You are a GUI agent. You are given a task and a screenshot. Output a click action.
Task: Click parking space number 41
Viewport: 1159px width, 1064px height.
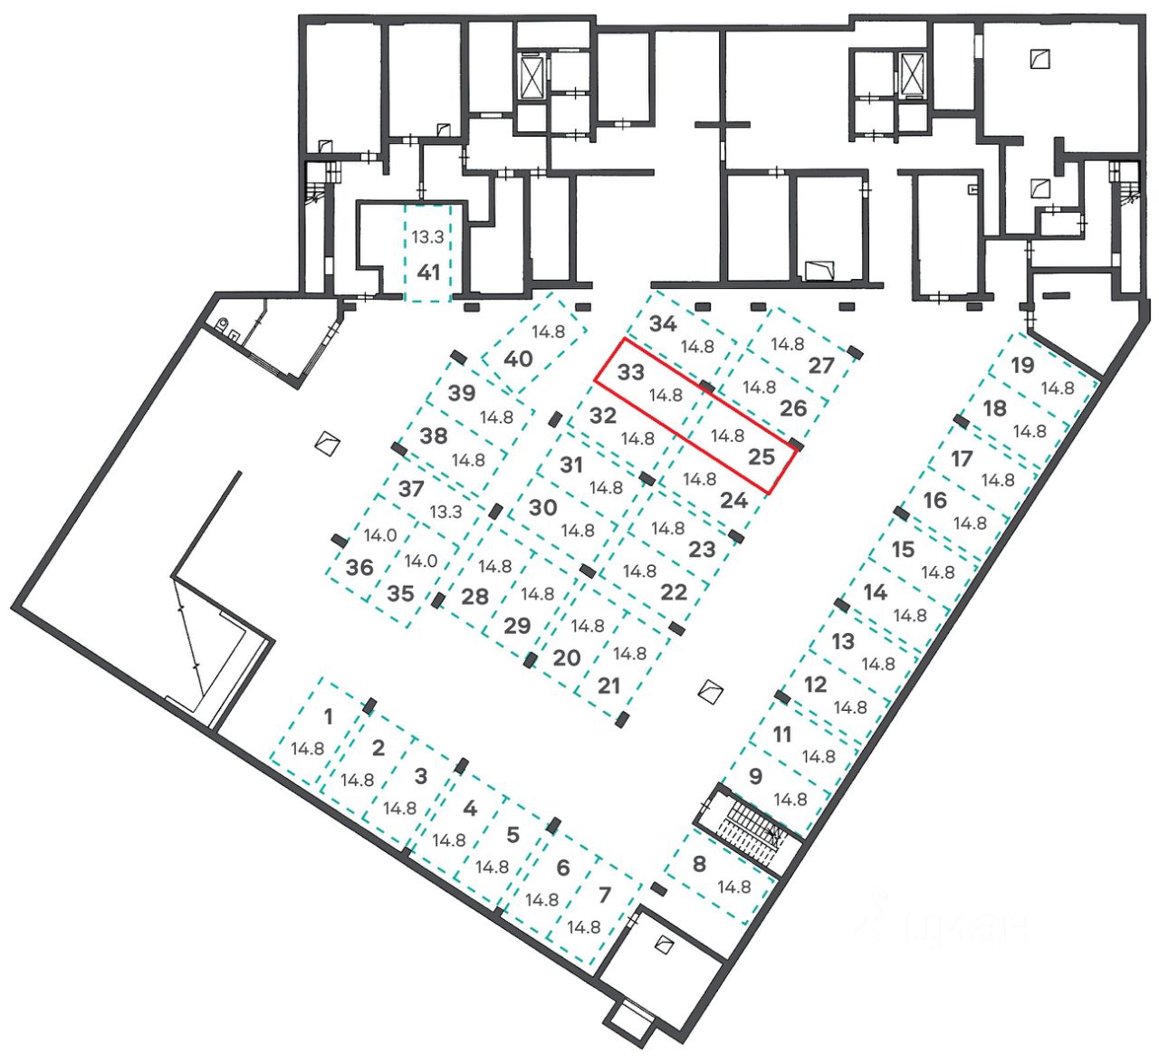[427, 272]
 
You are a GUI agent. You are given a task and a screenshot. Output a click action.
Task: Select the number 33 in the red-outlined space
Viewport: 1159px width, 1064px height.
[630, 372]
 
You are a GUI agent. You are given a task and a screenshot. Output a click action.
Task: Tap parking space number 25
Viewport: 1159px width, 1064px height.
[761, 456]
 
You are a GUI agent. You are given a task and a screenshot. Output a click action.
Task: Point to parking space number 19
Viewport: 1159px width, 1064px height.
[1022, 366]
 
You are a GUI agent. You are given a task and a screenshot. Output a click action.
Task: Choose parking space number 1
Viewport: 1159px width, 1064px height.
[328, 717]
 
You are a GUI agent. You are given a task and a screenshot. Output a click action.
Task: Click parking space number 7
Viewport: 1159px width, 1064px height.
[605, 896]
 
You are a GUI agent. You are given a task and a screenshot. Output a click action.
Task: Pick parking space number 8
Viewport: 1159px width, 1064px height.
[698, 864]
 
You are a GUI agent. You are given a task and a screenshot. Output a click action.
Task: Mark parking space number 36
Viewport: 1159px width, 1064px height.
[359, 568]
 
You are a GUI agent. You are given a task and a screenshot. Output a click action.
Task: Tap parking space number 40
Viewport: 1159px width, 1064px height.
[518, 359]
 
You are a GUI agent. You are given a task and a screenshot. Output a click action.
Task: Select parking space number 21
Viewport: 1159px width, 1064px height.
[608, 685]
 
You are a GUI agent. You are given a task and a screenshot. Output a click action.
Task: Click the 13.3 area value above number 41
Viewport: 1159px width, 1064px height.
[427, 237]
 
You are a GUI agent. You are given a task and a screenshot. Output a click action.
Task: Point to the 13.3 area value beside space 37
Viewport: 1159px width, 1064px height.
[445, 512]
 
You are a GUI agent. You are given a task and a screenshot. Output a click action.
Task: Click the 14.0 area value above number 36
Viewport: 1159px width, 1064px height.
[380, 535]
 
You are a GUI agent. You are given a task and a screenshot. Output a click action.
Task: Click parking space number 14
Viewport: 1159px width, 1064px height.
[875, 593]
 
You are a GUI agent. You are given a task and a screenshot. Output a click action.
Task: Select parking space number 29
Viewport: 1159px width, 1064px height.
[517, 626]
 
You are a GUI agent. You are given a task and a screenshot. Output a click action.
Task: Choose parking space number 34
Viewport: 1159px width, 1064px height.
[664, 324]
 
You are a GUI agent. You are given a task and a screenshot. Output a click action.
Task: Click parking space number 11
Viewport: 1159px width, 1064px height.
[782, 734]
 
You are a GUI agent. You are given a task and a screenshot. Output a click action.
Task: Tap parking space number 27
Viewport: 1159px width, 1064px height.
[820, 366]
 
